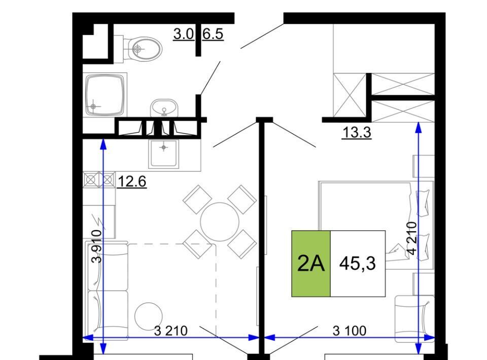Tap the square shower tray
tap(105, 95)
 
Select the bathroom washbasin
tap(164, 109)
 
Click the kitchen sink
tap(164, 154)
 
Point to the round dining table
tap(220, 222)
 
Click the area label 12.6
tap(132, 182)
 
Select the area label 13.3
tap(357, 132)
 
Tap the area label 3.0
tap(184, 34)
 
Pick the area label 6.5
tap(213, 34)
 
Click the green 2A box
tap(311, 264)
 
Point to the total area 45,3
tap(358, 264)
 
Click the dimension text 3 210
tap(171, 331)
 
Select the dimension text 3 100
tap(350, 331)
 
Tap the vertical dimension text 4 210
tap(412, 238)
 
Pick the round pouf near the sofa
tap(149, 316)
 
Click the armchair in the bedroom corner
tap(414, 319)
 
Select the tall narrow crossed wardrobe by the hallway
tap(350, 95)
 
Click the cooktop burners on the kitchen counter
tap(99, 179)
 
